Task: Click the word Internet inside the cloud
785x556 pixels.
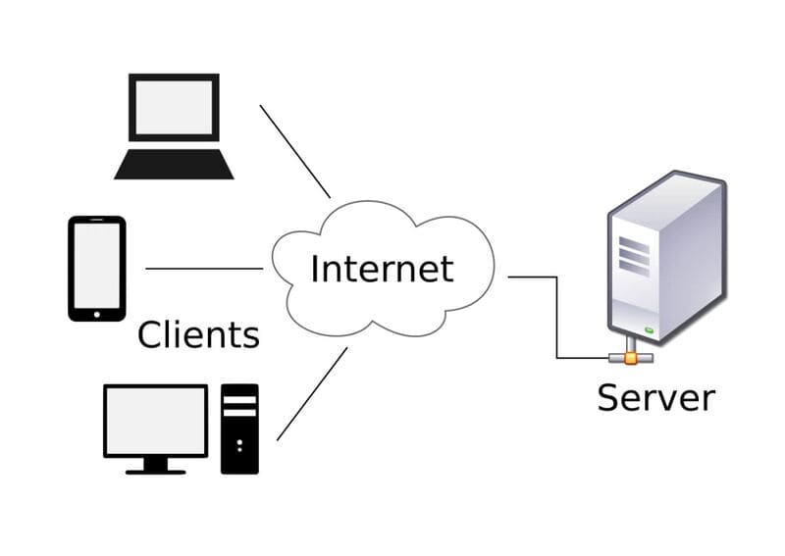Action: tap(382, 268)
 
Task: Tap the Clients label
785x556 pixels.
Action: tap(198, 334)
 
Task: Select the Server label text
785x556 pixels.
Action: tap(655, 397)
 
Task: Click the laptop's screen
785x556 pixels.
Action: tap(174, 107)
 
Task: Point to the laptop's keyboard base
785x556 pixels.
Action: tap(174, 165)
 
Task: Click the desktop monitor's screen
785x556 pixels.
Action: tap(156, 420)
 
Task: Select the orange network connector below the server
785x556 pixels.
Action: tap(630, 358)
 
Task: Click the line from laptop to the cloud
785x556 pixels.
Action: tap(294, 150)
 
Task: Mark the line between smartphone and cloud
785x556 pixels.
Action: tap(204, 268)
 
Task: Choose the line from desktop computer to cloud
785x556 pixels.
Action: tap(312, 393)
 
